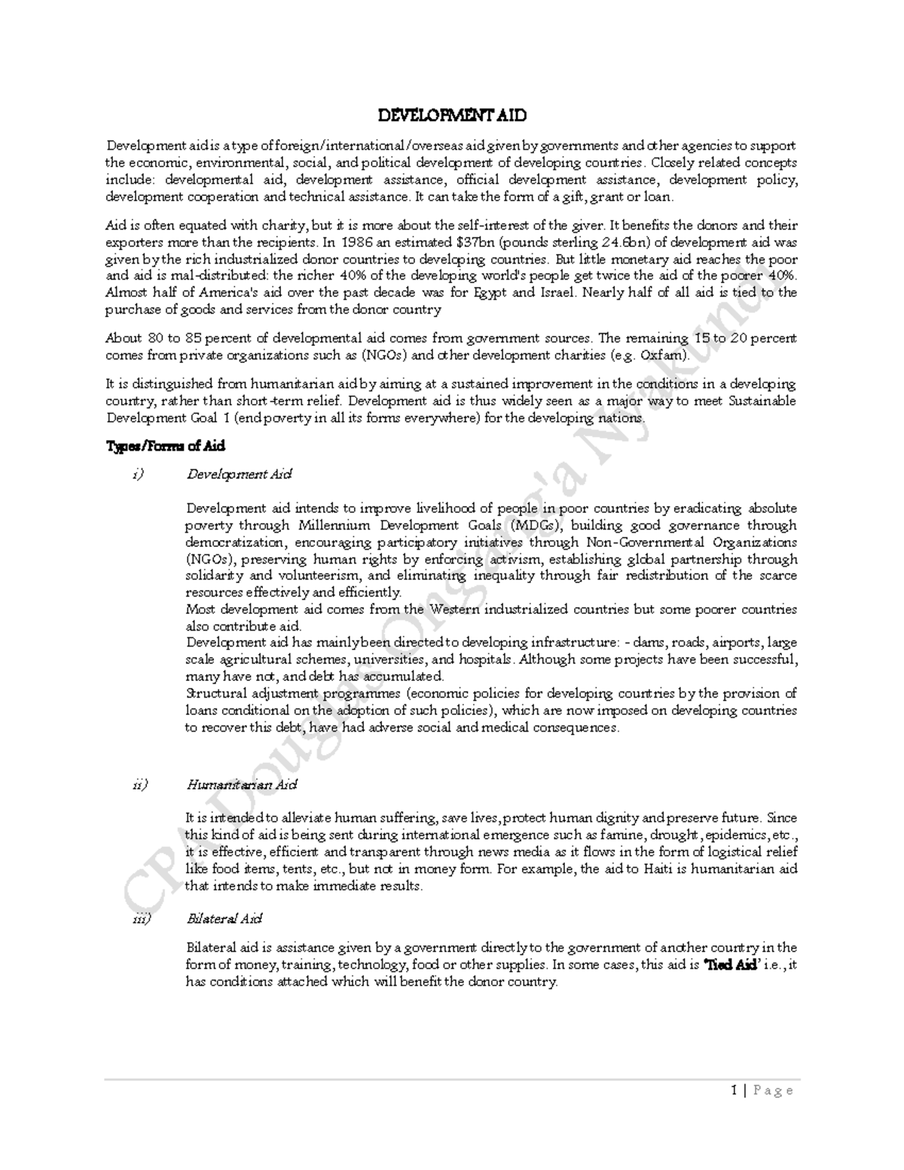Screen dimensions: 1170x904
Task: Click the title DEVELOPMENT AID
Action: pyautogui.click(x=451, y=116)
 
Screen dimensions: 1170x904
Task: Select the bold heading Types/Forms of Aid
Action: pyautogui.click(x=165, y=446)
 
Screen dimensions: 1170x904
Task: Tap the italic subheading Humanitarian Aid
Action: pyautogui.click(x=242, y=784)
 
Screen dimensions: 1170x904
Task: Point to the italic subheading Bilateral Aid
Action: pyautogui.click(x=224, y=919)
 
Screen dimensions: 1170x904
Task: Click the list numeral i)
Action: pyautogui.click(x=136, y=475)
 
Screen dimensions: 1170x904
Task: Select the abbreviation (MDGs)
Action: pyautogui.click(x=535, y=525)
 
